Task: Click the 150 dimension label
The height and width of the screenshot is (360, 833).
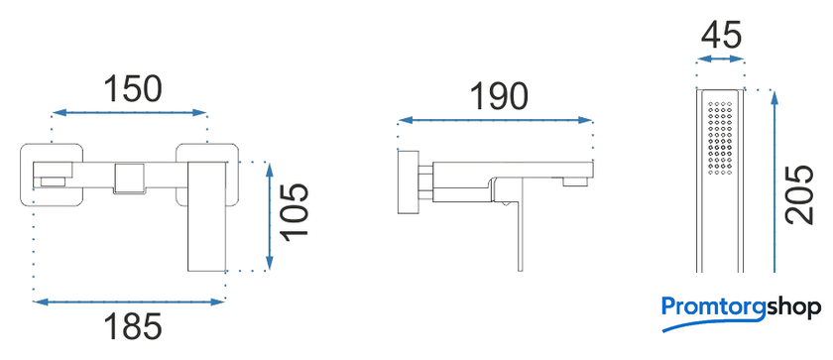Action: pyautogui.click(x=132, y=88)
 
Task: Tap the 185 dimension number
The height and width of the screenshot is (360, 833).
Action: pyautogui.click(x=133, y=326)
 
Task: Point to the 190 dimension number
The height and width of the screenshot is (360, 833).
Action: pyautogui.click(x=500, y=96)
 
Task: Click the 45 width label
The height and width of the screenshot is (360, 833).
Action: pyautogui.click(x=721, y=37)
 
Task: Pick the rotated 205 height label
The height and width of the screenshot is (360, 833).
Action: pyautogui.click(x=800, y=194)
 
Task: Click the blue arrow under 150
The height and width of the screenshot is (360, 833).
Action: pyautogui.click(x=129, y=113)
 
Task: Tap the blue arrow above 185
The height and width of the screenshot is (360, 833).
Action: pyautogui.click(x=129, y=302)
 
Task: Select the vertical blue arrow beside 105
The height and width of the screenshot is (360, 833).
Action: pyautogui.click(x=270, y=216)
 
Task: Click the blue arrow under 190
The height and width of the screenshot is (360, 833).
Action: pyautogui.click(x=495, y=120)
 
